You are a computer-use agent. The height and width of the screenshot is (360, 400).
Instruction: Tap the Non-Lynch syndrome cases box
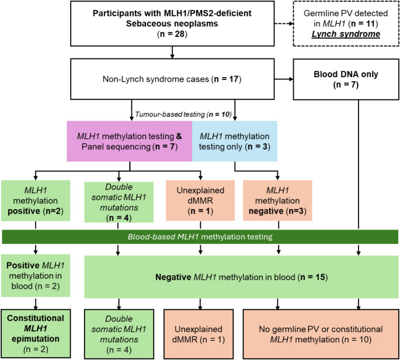172,78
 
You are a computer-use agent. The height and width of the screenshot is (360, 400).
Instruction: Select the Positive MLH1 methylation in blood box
36,273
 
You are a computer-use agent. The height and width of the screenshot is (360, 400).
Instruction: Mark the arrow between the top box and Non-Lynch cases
172,54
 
